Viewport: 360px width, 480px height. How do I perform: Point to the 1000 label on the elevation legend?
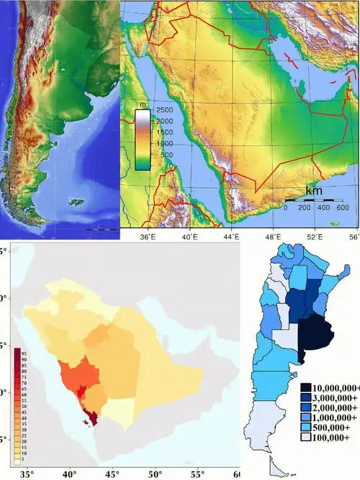[x=165, y=143]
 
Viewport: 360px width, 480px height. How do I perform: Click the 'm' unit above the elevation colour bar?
[x=142, y=103]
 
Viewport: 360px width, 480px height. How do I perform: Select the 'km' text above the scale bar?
[x=314, y=191]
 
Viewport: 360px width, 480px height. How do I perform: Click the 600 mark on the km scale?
[x=343, y=208]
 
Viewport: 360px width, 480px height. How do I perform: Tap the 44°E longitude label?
[x=231, y=235]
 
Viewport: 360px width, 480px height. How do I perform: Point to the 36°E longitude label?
[x=148, y=235]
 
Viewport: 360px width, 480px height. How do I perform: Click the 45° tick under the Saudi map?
[x=113, y=474]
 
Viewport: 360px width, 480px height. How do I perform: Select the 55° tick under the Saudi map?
[x=197, y=474]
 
